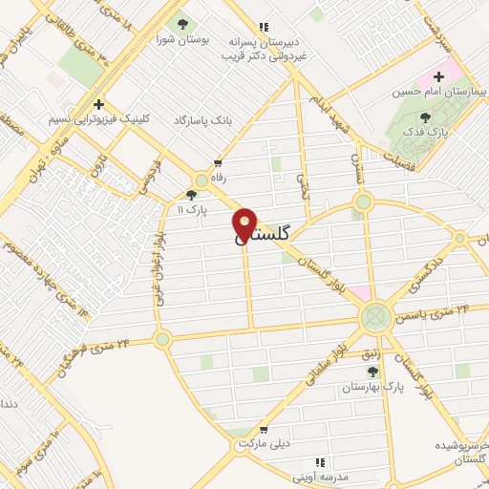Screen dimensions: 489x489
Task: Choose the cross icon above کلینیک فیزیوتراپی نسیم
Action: [97, 104]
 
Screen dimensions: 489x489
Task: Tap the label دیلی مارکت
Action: [263, 444]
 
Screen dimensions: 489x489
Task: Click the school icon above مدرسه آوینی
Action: [320, 460]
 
